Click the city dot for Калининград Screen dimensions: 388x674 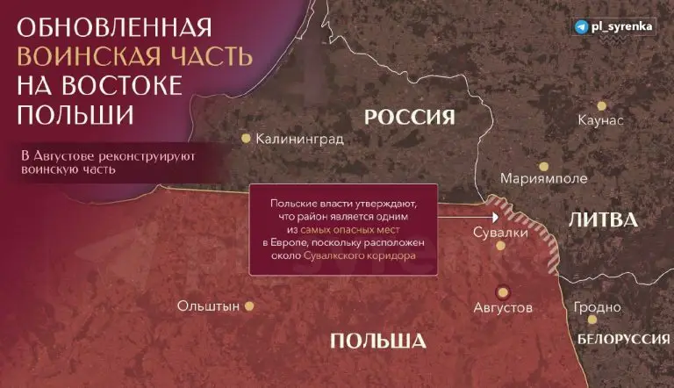click(x=247, y=138)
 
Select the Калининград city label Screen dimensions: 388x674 click(x=299, y=139)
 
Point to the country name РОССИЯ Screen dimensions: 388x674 click(x=410, y=117)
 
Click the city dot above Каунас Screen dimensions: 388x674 click(x=601, y=100)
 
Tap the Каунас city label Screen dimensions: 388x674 click(x=601, y=120)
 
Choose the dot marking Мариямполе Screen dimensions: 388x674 click(x=543, y=166)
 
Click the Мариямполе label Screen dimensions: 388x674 click(x=543, y=179)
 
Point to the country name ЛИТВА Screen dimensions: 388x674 click(x=603, y=219)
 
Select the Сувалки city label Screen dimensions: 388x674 click(x=500, y=233)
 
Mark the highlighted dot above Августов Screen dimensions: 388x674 click(x=503, y=291)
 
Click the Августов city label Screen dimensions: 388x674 click(x=503, y=309)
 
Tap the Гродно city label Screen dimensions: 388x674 click(x=598, y=308)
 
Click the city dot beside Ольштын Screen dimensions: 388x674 click(x=248, y=306)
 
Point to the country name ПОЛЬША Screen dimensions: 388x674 click(x=378, y=341)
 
